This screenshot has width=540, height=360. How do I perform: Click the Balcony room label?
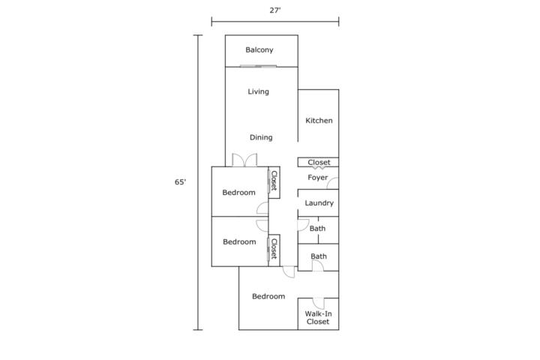259,50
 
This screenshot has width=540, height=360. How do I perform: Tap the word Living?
258,91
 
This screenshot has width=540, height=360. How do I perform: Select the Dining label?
261,137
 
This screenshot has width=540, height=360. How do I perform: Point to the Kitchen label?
319,121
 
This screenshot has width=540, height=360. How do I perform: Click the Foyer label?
317,178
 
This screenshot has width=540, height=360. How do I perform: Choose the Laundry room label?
319,203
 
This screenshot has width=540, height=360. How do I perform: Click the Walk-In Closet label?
318,318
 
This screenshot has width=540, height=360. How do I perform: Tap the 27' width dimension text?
275,10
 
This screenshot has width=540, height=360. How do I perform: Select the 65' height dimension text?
180,182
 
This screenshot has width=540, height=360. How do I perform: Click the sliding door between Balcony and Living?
258,66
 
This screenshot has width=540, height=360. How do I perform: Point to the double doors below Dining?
244,160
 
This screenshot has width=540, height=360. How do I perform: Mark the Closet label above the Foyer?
319,162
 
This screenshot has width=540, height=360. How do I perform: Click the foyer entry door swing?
333,183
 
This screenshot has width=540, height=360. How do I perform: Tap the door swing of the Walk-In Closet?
319,304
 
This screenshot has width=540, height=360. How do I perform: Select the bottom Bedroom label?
268,296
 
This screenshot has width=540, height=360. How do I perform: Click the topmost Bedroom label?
239,193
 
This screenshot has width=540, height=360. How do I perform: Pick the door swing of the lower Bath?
318,266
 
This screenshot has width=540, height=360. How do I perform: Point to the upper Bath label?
317,229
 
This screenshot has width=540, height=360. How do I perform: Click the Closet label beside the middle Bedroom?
274,249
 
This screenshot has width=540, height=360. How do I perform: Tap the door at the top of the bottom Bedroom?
289,272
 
